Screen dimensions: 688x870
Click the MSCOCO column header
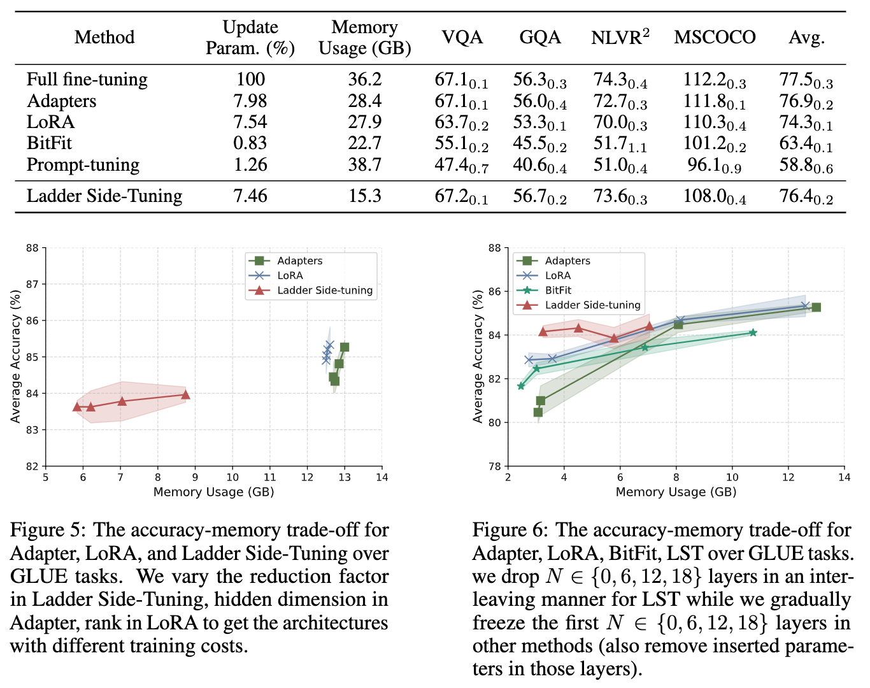tap(715, 37)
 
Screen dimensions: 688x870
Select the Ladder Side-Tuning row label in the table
tap(104, 196)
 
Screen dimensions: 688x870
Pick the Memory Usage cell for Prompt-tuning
tap(364, 165)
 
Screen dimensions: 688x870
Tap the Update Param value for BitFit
tap(250, 143)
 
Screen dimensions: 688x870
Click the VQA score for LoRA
tap(461, 122)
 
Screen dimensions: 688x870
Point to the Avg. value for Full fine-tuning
tap(806, 80)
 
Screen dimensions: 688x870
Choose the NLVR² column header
tap(620, 37)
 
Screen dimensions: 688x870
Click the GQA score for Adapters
tap(539, 101)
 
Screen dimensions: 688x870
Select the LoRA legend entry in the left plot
tap(290, 275)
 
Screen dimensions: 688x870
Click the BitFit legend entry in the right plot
tap(558, 290)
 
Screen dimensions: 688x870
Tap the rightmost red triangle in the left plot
tap(185, 394)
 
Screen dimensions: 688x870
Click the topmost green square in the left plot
tap(345, 347)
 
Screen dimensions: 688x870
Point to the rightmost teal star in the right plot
tap(753, 333)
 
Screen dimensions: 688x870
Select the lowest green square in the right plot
tap(538, 412)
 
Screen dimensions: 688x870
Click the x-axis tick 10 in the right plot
tap(732, 477)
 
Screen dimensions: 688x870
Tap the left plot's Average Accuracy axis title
tap(16, 357)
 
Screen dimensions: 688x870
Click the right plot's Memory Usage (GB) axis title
tap(676, 492)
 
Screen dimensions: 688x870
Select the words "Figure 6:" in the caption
tap(511, 530)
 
